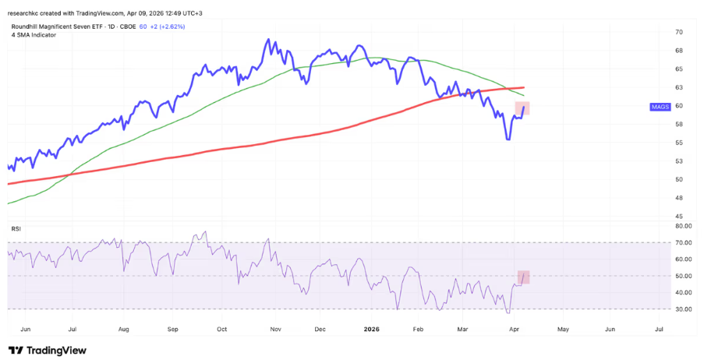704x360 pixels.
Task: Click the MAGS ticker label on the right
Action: [x=659, y=107]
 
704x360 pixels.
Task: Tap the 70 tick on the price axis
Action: [x=680, y=32]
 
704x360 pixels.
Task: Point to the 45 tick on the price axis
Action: [x=680, y=216]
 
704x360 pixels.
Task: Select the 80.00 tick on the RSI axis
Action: [x=683, y=226]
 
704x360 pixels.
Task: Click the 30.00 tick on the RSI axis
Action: [x=683, y=309]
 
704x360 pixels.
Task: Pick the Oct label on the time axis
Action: [x=222, y=330]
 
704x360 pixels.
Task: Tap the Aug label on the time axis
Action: [x=124, y=330]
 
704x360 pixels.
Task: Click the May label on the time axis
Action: [x=561, y=330]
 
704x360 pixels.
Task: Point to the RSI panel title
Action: [x=15, y=228]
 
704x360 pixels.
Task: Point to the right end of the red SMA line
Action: [x=523, y=87]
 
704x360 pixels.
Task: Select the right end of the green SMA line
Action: [x=523, y=95]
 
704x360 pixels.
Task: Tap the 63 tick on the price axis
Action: [x=680, y=87]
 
